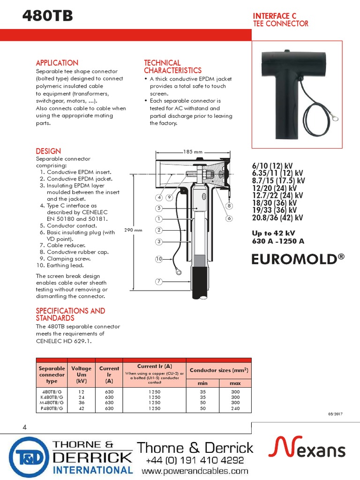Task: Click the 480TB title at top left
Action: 48,17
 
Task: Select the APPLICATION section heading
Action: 57,63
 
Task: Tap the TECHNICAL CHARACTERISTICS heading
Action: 172,67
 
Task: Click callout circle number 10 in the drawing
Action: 159,259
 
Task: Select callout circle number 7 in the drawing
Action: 159,281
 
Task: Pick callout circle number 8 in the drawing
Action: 229,206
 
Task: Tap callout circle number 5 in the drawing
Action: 159,208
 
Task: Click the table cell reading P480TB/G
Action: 52,408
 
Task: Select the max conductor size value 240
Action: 235,408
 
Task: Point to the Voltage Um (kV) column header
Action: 81,375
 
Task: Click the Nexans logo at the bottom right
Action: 307,449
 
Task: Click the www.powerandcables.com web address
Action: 195,471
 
